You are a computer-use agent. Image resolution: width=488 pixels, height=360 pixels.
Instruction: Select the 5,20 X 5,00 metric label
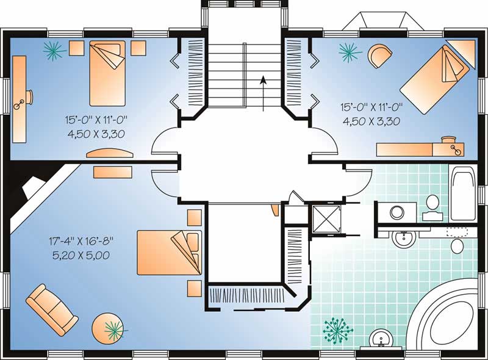click(81, 255)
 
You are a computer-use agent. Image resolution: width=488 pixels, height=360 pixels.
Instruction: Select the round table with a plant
click(109, 329)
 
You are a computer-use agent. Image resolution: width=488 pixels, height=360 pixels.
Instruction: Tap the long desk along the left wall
click(20, 98)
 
